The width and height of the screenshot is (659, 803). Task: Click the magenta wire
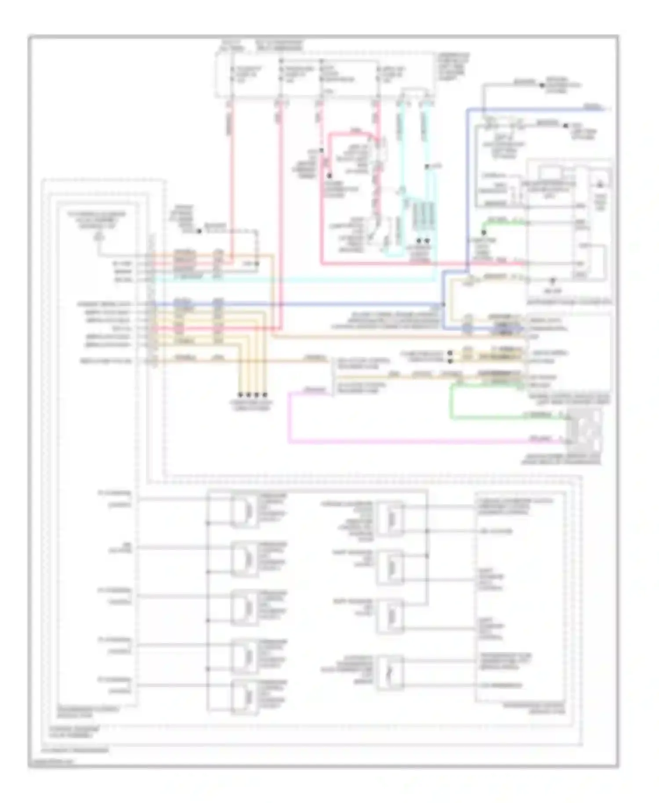pyautogui.click(x=395, y=441)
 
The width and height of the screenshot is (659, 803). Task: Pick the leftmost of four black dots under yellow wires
pyautogui.click(x=241, y=394)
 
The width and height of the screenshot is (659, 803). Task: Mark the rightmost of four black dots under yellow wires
pyautogui.click(x=265, y=394)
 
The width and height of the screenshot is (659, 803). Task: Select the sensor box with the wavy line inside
pyautogui.click(x=390, y=672)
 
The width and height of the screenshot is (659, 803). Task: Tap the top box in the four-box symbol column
pyautogui.click(x=390, y=519)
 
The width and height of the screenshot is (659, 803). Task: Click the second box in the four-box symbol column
pyautogui.click(x=390, y=567)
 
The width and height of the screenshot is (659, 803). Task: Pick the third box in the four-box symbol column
pyautogui.click(x=390, y=616)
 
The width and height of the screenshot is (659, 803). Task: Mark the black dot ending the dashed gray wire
pyautogui.click(x=199, y=231)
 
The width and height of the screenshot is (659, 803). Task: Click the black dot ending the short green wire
pyautogui.click(x=484, y=232)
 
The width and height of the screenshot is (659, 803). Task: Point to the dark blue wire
pyautogui.click(x=308, y=304)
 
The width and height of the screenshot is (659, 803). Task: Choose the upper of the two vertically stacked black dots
pyautogui.click(x=449, y=353)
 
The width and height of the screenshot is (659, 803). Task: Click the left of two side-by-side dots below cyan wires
pyautogui.click(x=419, y=241)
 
